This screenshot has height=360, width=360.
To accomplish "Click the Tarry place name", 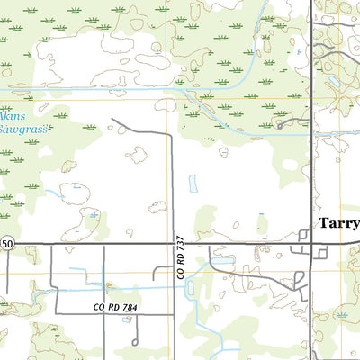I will pyautogui.click(x=338, y=223).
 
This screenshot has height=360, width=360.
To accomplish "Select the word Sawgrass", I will pyautogui.click(x=18, y=129).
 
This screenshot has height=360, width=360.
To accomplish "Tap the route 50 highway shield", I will pyautogui.click(x=6, y=244).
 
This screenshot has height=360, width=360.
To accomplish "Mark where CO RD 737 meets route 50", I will pyautogui.click(x=174, y=244).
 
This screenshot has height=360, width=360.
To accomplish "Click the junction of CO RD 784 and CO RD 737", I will pyautogui.click(x=174, y=314).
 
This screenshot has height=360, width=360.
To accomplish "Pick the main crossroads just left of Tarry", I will pyautogui.click(x=311, y=244).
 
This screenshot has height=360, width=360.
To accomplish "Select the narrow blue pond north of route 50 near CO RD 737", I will pyautogui.click(x=193, y=184).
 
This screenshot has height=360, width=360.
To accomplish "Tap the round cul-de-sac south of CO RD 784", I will pyautogui.click(x=135, y=343).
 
